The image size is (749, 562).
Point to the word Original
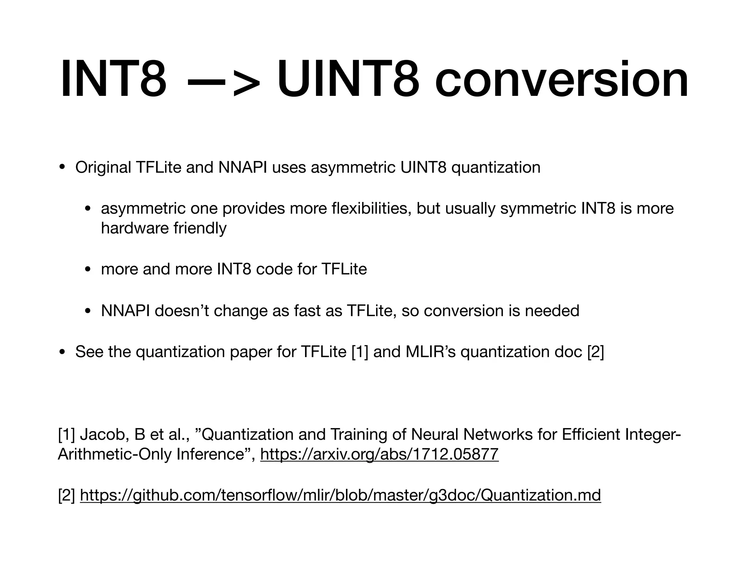click(103, 168)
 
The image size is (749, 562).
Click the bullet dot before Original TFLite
click(62, 168)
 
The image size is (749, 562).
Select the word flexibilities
click(370, 209)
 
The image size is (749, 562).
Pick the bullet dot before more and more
click(88, 270)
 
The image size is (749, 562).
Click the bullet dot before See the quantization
click(62, 352)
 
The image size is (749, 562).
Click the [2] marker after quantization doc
click(595, 352)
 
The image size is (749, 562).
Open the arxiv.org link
click(379, 454)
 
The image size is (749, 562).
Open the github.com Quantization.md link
click(340, 495)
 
